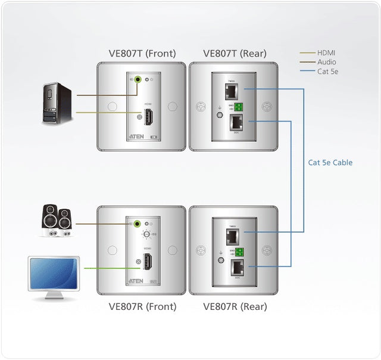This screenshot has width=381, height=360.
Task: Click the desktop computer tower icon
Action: pyautogui.click(x=58, y=103)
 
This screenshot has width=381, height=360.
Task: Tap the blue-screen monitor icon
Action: pyautogui.click(x=54, y=277)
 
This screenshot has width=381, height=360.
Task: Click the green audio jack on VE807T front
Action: pyautogui.click(x=138, y=79)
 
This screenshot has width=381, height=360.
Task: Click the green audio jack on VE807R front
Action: pyautogui.click(x=138, y=224)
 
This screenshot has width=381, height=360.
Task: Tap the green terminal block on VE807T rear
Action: pyautogui.click(x=239, y=107)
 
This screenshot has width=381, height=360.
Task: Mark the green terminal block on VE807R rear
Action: pyautogui.click(x=240, y=252)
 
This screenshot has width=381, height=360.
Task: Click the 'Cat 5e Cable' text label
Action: pyautogui.click(x=330, y=162)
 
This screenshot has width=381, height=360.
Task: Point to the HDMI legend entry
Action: pyautogui.click(x=326, y=53)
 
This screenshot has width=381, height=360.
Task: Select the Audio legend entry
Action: pyautogui.click(x=326, y=62)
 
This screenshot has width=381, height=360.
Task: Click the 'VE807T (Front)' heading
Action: pyautogui.click(x=142, y=53)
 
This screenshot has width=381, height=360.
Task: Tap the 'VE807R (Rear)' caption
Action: pyautogui.click(x=235, y=307)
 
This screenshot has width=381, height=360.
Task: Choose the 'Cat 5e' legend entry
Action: pyautogui.click(x=327, y=71)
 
